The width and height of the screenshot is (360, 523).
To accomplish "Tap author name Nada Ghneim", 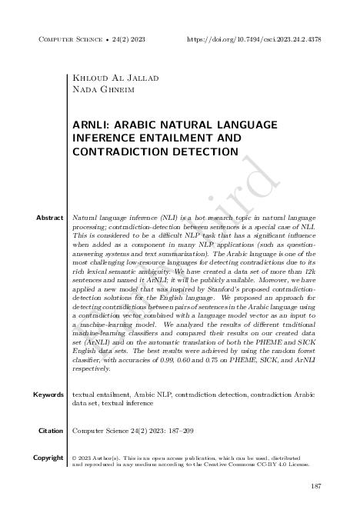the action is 98,90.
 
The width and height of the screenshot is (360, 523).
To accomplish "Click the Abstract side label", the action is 49,218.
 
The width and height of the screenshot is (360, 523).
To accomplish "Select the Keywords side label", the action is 48,395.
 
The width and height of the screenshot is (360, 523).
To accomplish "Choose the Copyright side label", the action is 48,458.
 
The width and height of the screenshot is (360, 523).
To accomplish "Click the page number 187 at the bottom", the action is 315,487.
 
